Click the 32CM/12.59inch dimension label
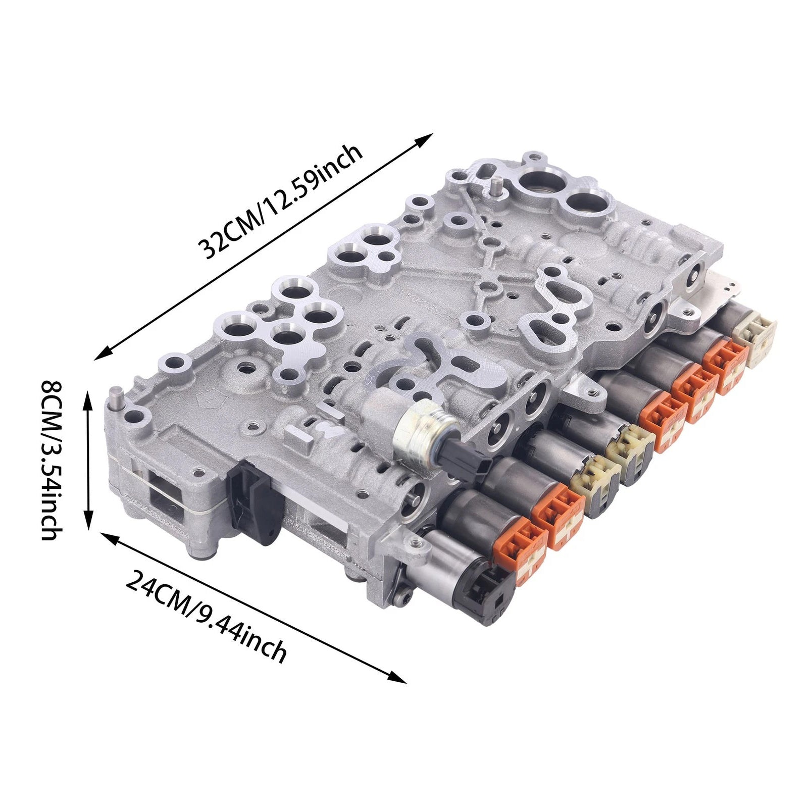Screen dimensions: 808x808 (280, 201)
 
